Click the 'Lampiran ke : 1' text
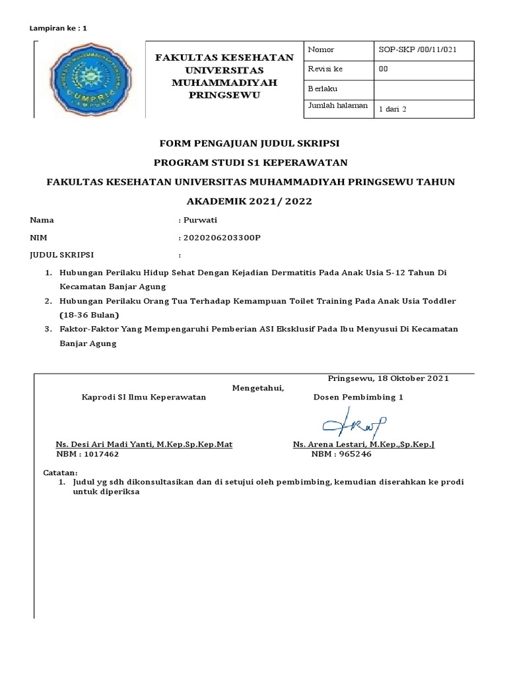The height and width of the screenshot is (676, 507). (59, 28)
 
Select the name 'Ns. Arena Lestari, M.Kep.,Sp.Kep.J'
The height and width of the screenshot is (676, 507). (364, 445)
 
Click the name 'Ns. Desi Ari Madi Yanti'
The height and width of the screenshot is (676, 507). (104, 445)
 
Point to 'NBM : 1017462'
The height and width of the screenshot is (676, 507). (88, 455)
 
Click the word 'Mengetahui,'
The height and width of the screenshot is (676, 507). (258, 388)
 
